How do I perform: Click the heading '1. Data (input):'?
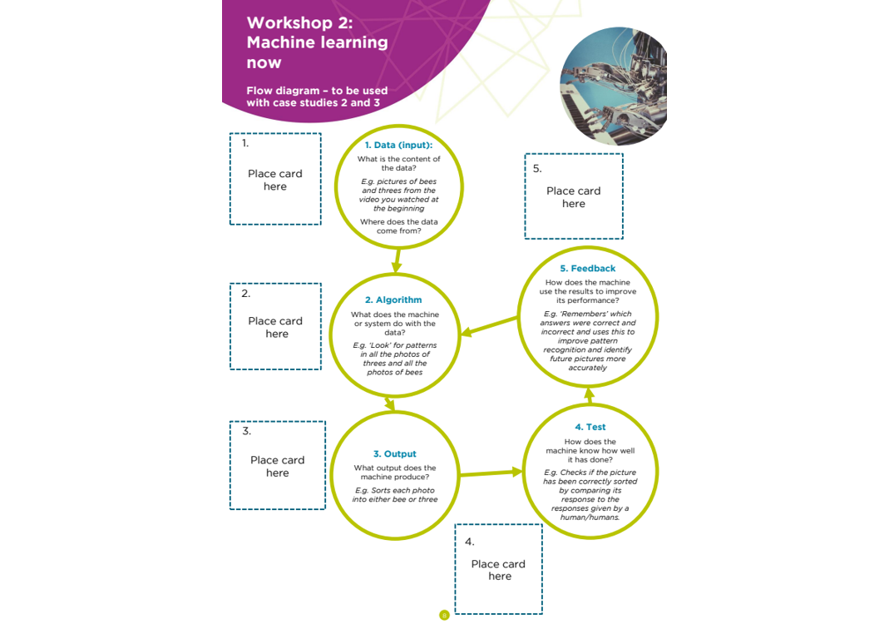(398, 145)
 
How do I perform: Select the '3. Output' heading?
(394, 454)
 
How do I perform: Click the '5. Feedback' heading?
(587, 269)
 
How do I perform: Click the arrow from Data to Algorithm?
(397, 261)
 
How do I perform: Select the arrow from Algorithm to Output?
(389, 404)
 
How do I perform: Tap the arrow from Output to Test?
(491, 473)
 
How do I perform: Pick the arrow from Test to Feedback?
(590, 396)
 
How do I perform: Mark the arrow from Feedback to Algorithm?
(491, 327)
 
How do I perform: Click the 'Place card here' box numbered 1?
(275, 179)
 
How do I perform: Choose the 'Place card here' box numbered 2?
(275, 326)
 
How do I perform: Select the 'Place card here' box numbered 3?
(277, 465)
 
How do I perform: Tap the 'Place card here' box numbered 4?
(498, 569)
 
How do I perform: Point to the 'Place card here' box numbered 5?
(574, 196)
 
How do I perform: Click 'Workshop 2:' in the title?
(299, 22)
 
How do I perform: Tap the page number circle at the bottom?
(444, 616)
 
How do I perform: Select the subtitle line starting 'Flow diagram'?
(317, 91)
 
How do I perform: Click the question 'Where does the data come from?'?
(398, 226)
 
